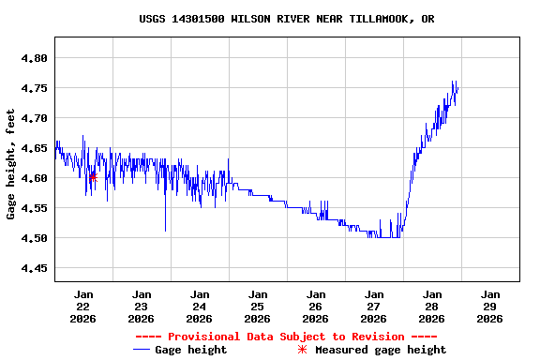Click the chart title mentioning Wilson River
coord(286,19)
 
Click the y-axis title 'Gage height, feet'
coord(10,164)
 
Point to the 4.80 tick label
coord(34,58)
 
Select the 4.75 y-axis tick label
coord(34,88)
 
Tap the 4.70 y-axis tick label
coord(34,118)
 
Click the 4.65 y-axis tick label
coord(34,148)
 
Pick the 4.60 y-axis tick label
coord(34,178)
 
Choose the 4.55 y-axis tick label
coord(34,208)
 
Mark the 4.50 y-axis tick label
coord(34,238)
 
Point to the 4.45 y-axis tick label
coord(34,268)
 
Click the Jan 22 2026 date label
coord(82,307)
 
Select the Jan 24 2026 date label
coord(199,307)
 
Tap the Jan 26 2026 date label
coord(315,307)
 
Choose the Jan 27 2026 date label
coord(373,307)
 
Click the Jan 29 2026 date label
coord(489,307)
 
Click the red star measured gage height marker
coord(93,176)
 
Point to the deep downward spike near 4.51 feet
coord(165,229)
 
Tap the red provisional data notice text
coord(286,337)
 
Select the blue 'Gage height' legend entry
coord(180,350)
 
